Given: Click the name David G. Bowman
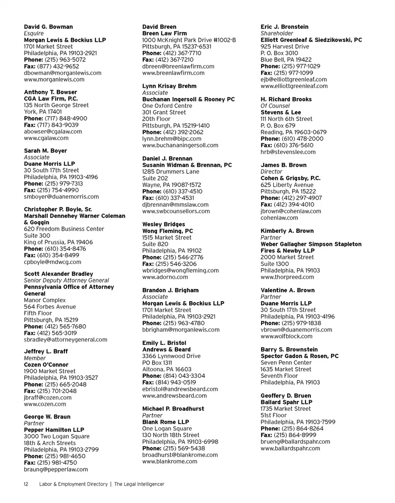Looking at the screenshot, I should click(x=48, y=27).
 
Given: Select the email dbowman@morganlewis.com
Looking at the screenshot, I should click(x=63, y=73).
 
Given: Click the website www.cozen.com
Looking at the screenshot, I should click(x=45, y=404).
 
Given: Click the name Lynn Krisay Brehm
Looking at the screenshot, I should click(x=169, y=86).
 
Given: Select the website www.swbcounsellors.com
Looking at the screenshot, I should click(x=176, y=211).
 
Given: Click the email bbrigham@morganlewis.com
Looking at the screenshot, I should click(x=181, y=330).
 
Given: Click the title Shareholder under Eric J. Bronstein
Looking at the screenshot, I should click(x=277, y=33).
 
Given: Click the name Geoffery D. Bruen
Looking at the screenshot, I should click(x=286, y=396).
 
